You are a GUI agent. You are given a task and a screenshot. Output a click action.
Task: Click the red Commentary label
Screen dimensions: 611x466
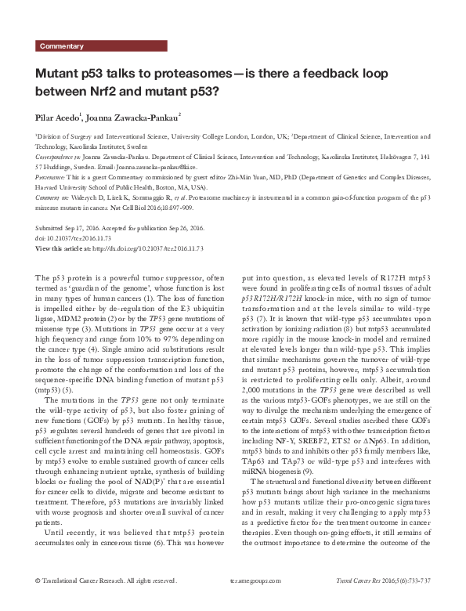pos(62,46)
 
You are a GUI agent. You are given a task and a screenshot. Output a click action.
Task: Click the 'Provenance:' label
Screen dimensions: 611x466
pos(53,178)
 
